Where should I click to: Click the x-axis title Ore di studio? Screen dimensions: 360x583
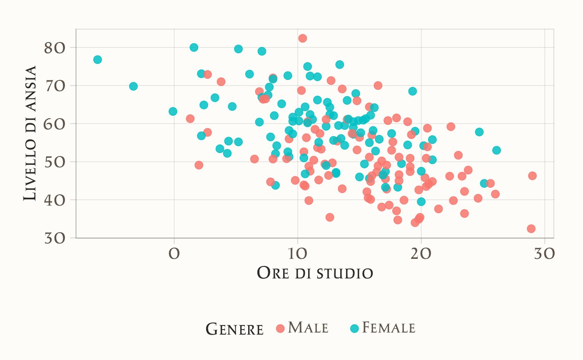315,273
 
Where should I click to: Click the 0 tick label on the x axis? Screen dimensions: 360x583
174,253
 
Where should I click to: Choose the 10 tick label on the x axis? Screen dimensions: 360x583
297,253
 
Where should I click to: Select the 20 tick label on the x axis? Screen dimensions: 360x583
421,253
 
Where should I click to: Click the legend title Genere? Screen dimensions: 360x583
235,329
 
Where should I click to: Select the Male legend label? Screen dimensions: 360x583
308,328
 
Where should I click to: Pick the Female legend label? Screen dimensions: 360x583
389,328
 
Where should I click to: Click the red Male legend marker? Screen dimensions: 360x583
280,328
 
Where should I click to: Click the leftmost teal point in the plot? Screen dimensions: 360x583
97,60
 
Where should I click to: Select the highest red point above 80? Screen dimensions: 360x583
303,38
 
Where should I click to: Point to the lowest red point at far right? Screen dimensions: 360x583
531,228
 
